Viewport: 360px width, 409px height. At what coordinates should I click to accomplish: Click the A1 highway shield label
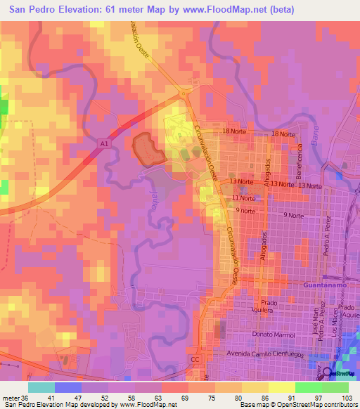103,143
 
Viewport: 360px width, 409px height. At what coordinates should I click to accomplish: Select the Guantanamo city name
326,286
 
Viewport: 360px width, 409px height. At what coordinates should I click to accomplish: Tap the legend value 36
27,397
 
